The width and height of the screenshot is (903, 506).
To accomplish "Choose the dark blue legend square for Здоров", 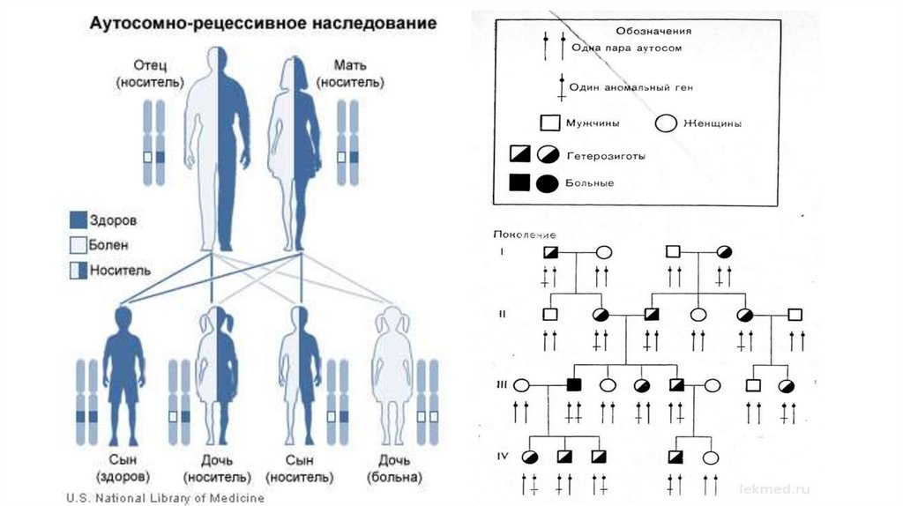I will click(78, 220).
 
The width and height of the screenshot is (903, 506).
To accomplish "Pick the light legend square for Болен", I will click(78, 244).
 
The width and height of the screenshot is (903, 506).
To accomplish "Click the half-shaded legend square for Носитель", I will click(78, 269).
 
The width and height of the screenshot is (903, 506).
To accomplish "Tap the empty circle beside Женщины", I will click(667, 123).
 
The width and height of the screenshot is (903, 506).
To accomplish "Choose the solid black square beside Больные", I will click(519, 183).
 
